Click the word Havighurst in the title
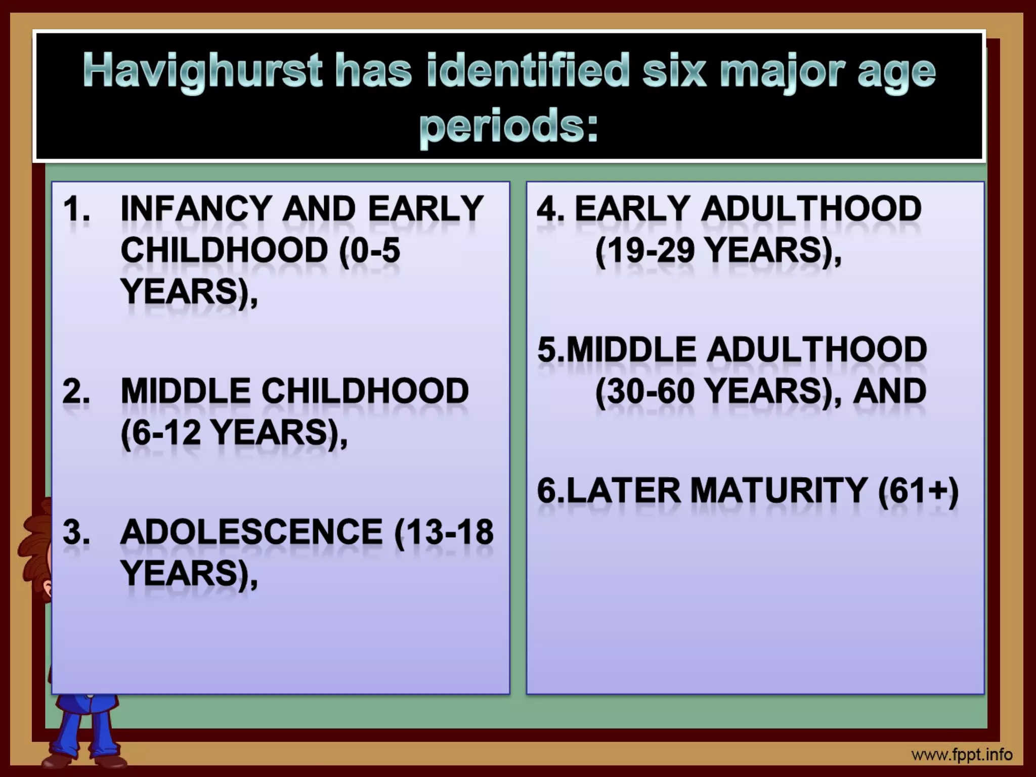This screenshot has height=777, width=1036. tap(202, 71)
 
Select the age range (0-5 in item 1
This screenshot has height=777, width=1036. tap(369, 250)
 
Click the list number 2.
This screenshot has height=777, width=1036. tap(76, 392)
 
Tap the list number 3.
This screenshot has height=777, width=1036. tap(76, 532)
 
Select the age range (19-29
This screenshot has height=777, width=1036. tap(645, 250)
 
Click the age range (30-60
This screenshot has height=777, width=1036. tap(645, 392)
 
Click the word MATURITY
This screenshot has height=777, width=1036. tap(779, 491)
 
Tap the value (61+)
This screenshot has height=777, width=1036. tap(918, 491)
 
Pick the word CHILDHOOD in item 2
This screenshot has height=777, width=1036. tap(365, 392)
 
